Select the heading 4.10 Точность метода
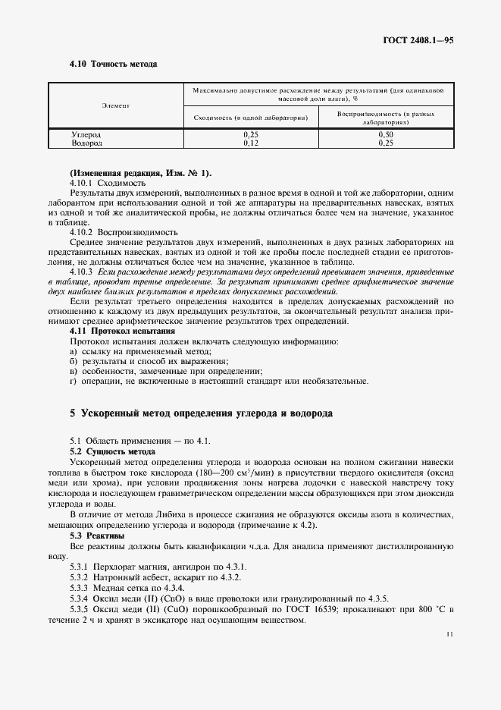coord(113,64)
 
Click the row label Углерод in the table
coord(86,134)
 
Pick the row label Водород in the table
coord(86,142)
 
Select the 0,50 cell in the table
coord(387,134)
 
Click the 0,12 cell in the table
coord(250,142)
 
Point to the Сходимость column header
coord(250,118)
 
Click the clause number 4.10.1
coord(80,183)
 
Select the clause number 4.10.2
coord(80,231)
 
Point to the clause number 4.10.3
coord(80,271)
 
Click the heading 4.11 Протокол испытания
coord(122,331)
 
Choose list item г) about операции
coord(201,381)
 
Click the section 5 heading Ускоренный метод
coord(200,413)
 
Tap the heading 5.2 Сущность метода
coord(112,451)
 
